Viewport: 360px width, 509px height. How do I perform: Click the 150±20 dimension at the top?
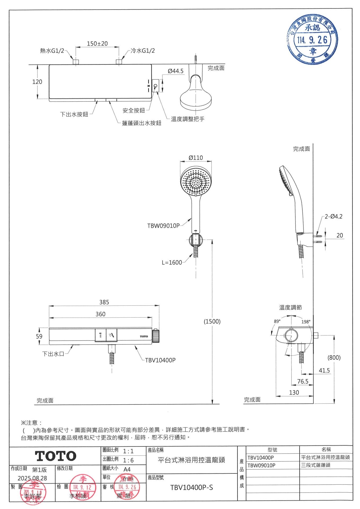tap(97, 43)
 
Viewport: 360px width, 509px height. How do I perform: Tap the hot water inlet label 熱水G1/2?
tap(52, 51)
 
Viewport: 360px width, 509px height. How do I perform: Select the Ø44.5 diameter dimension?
tap(175, 71)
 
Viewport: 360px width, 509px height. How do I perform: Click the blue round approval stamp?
tap(312, 39)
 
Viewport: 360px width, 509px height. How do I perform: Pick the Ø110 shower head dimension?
tap(196, 158)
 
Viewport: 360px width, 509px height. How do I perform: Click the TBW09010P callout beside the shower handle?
tap(163, 226)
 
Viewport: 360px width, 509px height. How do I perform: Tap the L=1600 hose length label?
tap(172, 262)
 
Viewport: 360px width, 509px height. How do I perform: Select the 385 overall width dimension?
tap(104, 302)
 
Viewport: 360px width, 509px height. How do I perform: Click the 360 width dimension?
tap(100, 314)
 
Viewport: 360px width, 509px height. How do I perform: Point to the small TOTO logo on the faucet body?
tap(144, 336)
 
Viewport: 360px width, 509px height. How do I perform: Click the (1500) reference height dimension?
tap(212, 322)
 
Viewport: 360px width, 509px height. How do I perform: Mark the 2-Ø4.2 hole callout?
tap(333, 217)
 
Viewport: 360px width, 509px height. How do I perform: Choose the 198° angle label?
tap(306, 322)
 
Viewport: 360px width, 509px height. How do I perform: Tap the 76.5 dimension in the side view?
tap(302, 381)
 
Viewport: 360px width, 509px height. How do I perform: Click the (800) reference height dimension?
tap(334, 357)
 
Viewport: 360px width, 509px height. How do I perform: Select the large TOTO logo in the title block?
tap(56, 456)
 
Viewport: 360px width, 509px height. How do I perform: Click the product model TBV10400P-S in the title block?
tap(191, 487)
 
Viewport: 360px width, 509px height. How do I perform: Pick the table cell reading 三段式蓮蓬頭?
tap(315, 465)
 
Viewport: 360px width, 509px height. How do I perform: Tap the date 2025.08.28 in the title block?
tap(32, 478)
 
